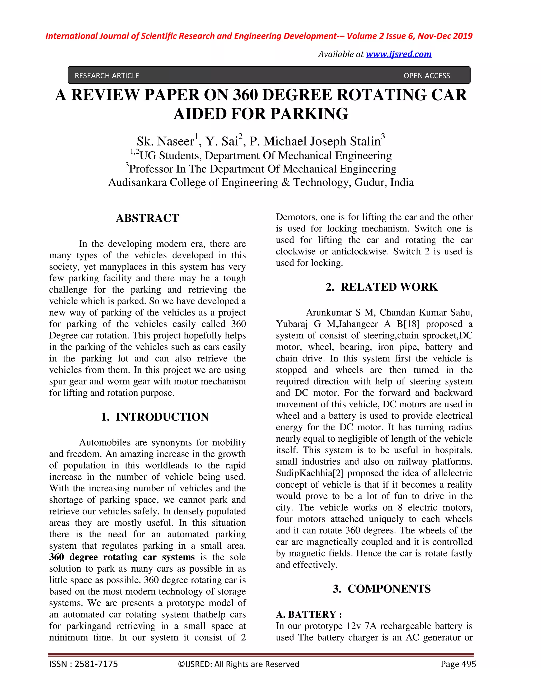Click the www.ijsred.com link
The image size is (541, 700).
coord(398,54)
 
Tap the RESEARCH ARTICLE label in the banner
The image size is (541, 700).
coord(107,76)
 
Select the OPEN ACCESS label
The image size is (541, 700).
coord(427,76)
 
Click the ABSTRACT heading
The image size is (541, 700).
coord(147,218)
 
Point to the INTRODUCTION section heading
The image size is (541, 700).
coord(162,417)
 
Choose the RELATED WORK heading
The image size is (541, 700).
coord(389,287)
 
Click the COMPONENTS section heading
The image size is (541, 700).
coord(389,589)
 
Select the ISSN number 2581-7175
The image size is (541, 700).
coord(96,664)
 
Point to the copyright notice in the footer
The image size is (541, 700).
coord(239,664)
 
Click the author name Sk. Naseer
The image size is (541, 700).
coord(165,141)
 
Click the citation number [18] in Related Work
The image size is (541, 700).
coord(411,324)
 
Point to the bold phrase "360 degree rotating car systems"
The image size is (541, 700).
coord(122,557)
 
